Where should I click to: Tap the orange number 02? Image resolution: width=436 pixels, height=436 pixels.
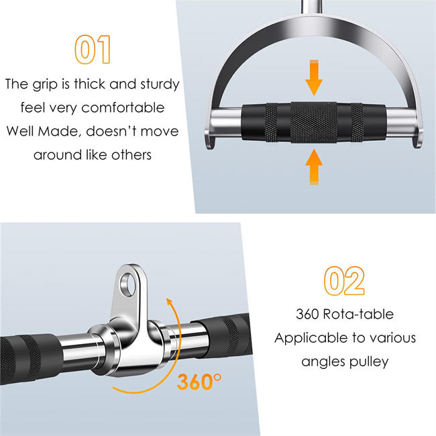[345, 282]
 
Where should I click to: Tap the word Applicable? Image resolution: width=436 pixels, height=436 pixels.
[311, 337]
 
